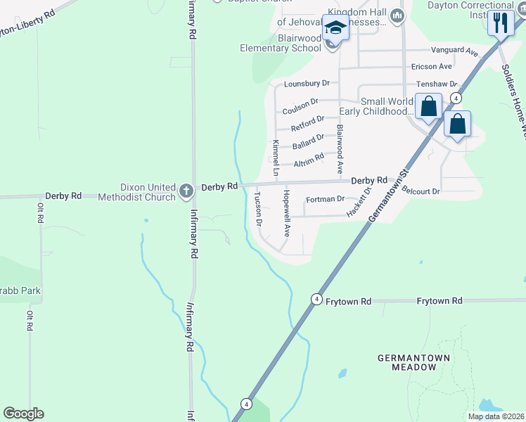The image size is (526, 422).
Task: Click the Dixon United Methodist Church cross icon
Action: [186, 190]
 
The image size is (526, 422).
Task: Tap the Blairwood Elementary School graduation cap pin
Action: [335, 29]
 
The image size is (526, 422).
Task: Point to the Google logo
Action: [23, 414]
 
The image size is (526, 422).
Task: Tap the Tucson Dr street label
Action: [258, 209]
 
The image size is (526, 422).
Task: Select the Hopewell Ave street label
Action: [287, 212]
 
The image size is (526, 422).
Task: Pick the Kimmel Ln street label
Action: [276, 158]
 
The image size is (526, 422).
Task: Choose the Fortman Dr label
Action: [326, 199]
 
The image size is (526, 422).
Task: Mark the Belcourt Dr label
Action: [421, 191]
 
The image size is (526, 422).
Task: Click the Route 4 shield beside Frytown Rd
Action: [317, 300]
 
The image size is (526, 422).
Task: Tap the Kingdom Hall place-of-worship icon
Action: [398, 15]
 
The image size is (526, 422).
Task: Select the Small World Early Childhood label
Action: [376, 106]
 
